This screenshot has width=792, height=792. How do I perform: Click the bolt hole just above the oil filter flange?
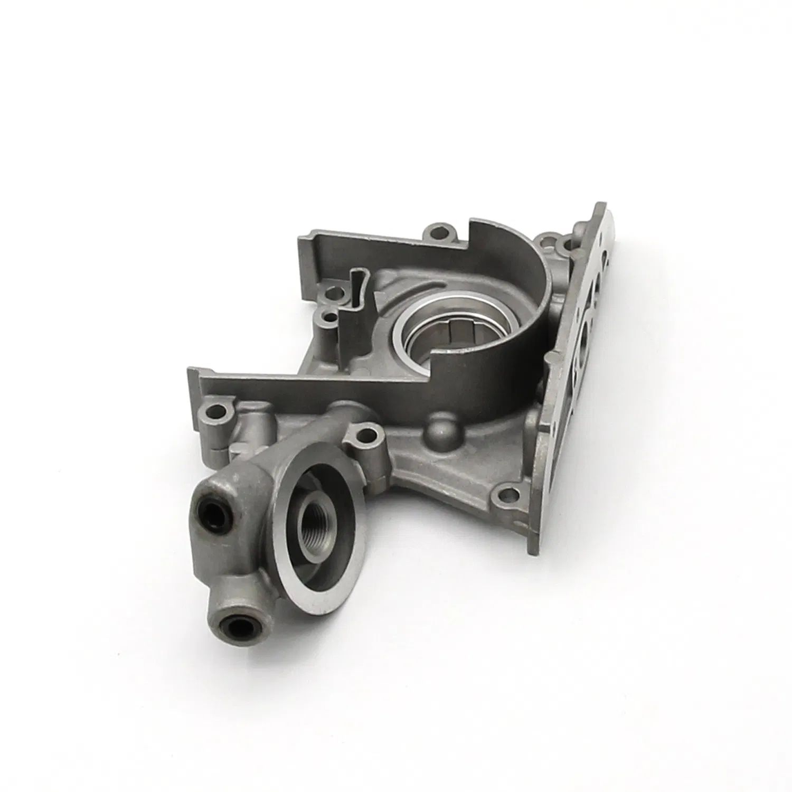[365, 436]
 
